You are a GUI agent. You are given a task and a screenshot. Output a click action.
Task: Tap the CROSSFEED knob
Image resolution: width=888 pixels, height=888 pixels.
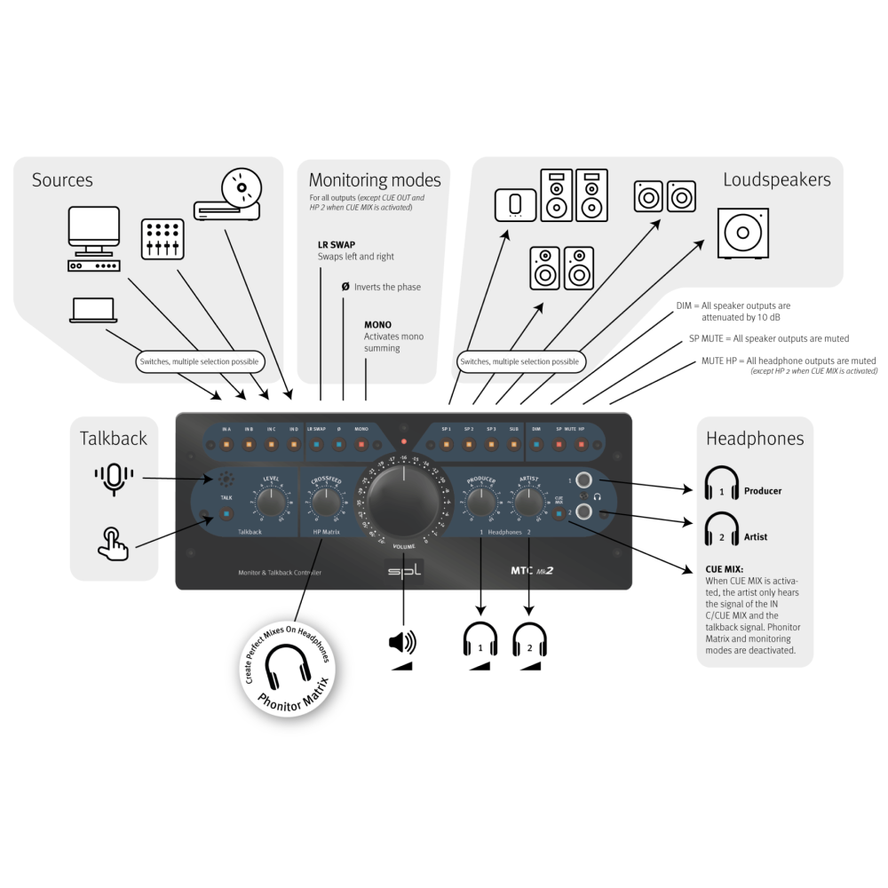point(326,503)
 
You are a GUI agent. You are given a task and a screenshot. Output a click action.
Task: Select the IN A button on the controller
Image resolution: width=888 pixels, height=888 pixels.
point(226,442)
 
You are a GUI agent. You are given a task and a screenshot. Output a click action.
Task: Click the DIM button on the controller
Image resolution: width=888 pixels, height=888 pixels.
point(536,442)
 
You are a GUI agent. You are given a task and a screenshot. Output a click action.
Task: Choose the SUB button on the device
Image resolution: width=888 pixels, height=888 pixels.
point(513,442)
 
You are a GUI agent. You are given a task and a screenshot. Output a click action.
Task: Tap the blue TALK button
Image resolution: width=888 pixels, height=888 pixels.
point(226,513)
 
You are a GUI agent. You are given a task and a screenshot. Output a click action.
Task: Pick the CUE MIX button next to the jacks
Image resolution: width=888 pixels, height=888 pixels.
point(559,513)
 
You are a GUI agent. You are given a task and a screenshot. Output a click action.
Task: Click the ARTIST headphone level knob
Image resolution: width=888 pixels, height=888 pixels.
point(529,503)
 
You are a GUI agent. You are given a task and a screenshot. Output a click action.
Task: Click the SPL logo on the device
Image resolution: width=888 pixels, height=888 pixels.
point(404,573)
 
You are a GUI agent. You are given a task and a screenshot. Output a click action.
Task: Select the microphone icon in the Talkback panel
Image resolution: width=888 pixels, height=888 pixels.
point(114,478)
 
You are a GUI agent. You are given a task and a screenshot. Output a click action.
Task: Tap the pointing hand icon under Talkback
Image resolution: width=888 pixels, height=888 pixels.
point(113,543)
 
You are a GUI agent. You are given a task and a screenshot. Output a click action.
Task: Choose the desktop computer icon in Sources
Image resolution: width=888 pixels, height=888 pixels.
point(94,239)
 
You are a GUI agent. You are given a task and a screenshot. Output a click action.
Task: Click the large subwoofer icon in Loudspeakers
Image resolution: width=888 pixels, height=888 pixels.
point(741,233)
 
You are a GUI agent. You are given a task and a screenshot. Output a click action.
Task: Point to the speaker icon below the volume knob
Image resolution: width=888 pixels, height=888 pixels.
point(402,642)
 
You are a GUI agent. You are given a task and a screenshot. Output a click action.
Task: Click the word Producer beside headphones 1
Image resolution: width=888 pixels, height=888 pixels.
point(763,490)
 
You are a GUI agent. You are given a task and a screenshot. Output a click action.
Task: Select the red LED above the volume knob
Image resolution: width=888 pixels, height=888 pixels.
point(403,441)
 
